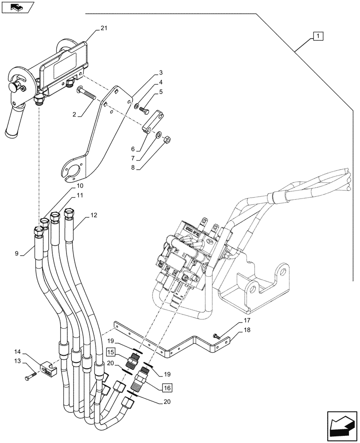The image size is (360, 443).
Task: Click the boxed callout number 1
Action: [x=319, y=36]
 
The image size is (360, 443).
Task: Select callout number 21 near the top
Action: [x=103, y=28]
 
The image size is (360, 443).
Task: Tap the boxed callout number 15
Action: [x=110, y=353]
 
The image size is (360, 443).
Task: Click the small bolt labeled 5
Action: [x=145, y=110]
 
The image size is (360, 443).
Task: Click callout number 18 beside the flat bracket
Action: [x=246, y=330]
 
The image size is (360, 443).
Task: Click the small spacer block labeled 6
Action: [x=152, y=126]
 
